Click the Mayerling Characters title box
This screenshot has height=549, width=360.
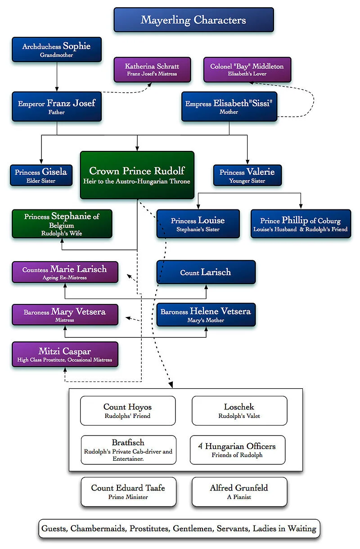click(x=193, y=20)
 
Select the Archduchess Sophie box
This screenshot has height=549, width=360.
click(x=57, y=50)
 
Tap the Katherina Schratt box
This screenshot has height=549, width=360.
click(x=153, y=69)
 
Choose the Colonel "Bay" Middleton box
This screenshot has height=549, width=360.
click(x=247, y=69)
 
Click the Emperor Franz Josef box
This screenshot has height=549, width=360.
click(x=57, y=107)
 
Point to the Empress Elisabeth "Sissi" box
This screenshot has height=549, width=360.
click(x=229, y=107)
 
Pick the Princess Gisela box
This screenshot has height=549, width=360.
click(x=41, y=175)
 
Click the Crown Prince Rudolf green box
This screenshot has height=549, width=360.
click(x=137, y=175)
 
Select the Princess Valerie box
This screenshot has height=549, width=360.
click(x=247, y=175)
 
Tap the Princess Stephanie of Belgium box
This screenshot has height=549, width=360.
click(x=62, y=223)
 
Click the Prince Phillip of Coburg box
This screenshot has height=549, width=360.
click(x=301, y=223)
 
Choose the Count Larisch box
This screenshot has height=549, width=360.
click(x=206, y=272)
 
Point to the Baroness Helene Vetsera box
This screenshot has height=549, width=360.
click(x=206, y=314)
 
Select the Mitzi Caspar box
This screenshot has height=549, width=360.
click(x=65, y=354)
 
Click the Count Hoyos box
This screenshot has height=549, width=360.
click(x=128, y=410)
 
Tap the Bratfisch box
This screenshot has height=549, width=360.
click(x=128, y=449)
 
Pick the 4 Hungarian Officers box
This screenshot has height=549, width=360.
click(x=237, y=449)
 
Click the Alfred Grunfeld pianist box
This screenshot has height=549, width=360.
click(x=239, y=491)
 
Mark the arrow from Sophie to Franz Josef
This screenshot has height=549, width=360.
click(x=57, y=77)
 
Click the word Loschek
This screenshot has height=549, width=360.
click(x=239, y=407)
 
